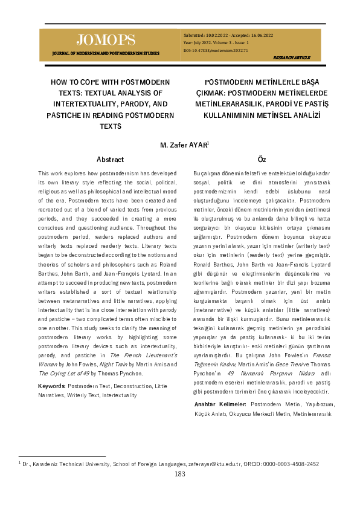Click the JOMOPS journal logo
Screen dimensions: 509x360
[x=106, y=41]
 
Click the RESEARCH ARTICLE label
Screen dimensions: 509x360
[x=292, y=57]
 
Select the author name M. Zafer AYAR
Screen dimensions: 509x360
[x=184, y=146]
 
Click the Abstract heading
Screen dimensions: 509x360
[x=110, y=160]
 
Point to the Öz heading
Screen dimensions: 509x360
[x=262, y=160]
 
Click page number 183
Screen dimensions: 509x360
[x=180, y=474]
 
